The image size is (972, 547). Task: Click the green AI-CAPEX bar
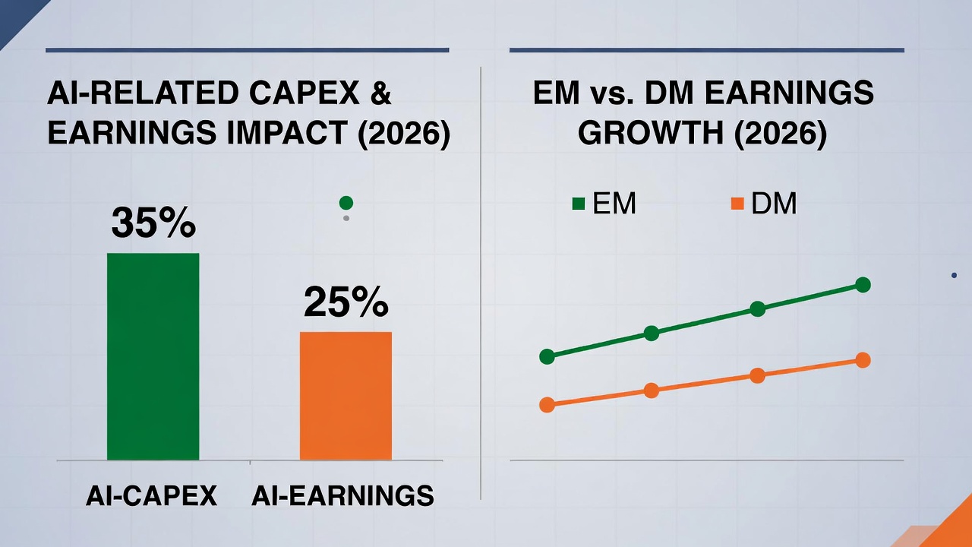153,356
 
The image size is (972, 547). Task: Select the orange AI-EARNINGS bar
346,396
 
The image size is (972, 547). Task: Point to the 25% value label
346,302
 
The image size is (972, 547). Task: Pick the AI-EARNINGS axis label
342,495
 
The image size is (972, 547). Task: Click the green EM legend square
579,204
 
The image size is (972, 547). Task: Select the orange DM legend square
737,204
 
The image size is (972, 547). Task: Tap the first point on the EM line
547,356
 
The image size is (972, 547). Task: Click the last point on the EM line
863,285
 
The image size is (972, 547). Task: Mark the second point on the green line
652,333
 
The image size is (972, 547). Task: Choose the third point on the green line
757,308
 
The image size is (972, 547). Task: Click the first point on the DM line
547,405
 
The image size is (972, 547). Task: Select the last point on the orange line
863,360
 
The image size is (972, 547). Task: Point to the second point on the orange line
652,390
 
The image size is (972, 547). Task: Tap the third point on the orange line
757,375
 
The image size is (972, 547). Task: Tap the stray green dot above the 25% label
346,203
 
